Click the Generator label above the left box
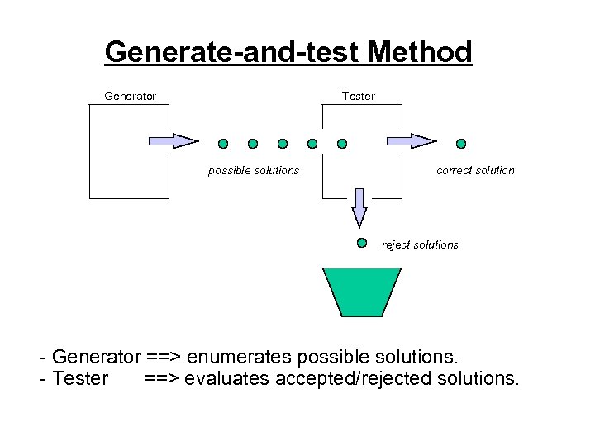[x=130, y=96]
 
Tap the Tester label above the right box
[x=359, y=96]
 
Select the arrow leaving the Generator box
[x=174, y=141]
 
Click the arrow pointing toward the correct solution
[x=412, y=141]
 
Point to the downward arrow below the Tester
[x=359, y=206]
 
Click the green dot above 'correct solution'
[x=461, y=143]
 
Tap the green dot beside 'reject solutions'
[x=361, y=243]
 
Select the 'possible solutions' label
[x=253, y=170]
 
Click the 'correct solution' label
[x=475, y=170]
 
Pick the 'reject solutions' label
[x=420, y=244]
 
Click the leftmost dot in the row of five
[x=223, y=143]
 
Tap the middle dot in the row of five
[x=283, y=143]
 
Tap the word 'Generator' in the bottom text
[x=96, y=358]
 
